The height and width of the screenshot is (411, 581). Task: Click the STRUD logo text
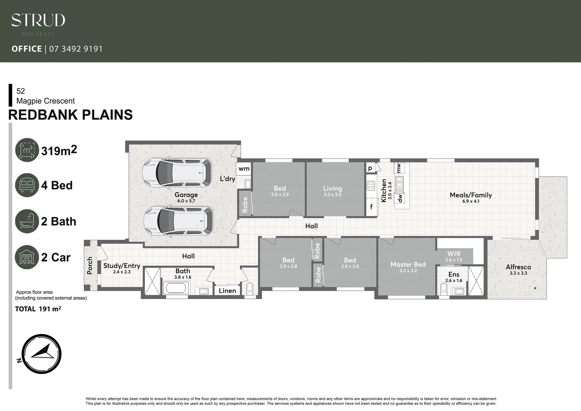click(x=38, y=20)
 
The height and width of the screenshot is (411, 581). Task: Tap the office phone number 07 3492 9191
click(x=76, y=49)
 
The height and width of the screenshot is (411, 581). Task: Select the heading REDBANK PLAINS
click(x=70, y=115)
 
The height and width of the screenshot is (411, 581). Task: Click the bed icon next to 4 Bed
click(x=27, y=185)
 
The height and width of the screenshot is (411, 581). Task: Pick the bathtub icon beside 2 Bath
click(x=27, y=221)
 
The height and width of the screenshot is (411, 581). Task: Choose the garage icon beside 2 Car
click(x=27, y=257)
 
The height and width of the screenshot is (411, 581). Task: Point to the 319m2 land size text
click(x=59, y=151)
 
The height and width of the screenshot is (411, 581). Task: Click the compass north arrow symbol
click(x=41, y=354)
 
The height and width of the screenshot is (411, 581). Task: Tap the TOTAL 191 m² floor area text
click(x=38, y=309)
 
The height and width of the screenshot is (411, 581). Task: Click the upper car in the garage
click(x=176, y=173)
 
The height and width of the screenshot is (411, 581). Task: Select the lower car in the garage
click(x=178, y=221)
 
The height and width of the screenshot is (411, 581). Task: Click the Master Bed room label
click(x=408, y=264)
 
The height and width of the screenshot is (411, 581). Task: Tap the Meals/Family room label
click(x=470, y=195)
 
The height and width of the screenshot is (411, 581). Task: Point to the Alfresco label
click(x=518, y=267)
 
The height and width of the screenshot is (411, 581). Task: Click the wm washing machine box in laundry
click(x=244, y=169)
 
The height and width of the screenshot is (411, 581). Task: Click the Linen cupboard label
click(x=227, y=291)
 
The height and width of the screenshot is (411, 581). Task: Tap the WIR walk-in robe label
click(x=454, y=254)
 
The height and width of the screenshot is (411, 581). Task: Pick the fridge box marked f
click(x=371, y=207)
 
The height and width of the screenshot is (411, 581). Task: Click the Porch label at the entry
click(x=90, y=265)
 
